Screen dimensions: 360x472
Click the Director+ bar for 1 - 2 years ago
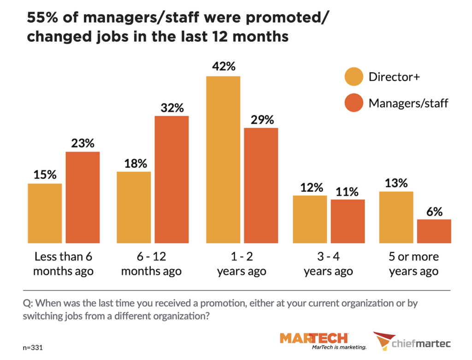pyautogui.click(x=223, y=159)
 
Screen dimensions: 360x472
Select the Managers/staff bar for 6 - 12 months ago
pyautogui.click(x=171, y=179)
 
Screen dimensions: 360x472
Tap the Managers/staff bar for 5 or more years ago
pyautogui.click(x=434, y=231)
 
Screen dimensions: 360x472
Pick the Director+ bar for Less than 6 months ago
pyautogui.click(x=45, y=213)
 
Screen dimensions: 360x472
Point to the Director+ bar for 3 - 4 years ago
pyautogui.click(x=310, y=219)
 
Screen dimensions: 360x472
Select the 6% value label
pyautogui.click(x=434, y=212)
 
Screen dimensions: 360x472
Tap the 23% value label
pyautogui.click(x=83, y=143)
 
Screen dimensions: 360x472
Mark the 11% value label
pyautogui.click(x=348, y=191)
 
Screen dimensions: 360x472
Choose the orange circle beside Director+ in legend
pyautogui.click(x=354, y=77)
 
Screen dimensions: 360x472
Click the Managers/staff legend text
pyautogui.click(x=408, y=103)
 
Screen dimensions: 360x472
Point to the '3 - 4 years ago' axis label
pyautogui.click(x=328, y=264)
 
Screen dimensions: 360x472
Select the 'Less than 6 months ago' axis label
pyautogui.click(x=64, y=264)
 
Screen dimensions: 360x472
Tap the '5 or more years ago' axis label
pyautogui.click(x=413, y=264)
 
